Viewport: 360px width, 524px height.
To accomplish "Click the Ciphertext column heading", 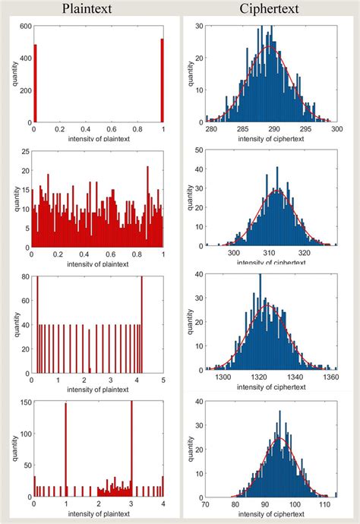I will click(270, 9).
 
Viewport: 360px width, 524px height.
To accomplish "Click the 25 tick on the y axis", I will click(24, 150).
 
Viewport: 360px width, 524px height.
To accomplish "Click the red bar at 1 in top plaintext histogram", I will click(162, 80).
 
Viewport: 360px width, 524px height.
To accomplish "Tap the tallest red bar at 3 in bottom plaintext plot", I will click(131, 448).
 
